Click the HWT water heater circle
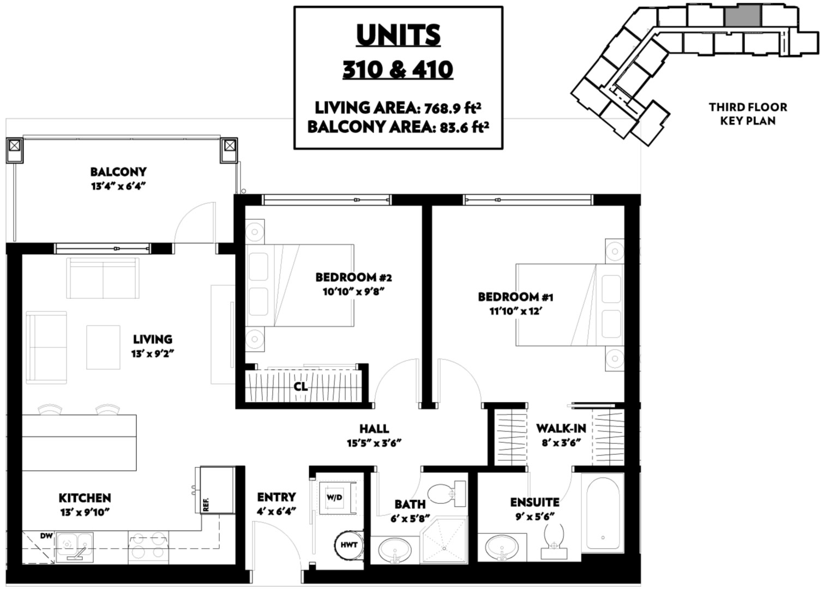[x=349, y=545]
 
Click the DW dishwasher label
[x=46, y=536]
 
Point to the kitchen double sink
[x=75, y=547]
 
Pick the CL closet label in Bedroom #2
[x=301, y=386]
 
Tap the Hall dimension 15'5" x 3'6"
[x=374, y=443]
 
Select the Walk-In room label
[x=561, y=428]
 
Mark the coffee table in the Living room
[x=103, y=347]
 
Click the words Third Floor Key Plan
[x=748, y=114]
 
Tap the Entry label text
[x=277, y=497]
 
